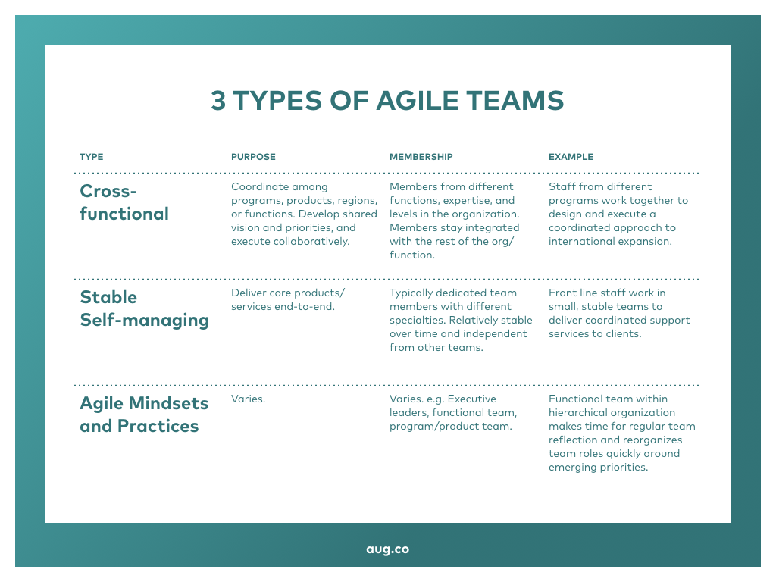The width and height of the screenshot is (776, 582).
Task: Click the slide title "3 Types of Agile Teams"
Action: [x=387, y=101]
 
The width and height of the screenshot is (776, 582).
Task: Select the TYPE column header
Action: [x=91, y=157]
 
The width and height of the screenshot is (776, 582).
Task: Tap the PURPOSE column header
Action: [x=253, y=157]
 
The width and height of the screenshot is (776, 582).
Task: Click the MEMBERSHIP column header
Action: [x=421, y=157]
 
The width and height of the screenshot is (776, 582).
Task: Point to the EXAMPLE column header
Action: [x=571, y=157]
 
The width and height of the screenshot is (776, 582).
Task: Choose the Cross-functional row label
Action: [x=124, y=202]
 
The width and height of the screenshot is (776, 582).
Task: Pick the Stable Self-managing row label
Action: [x=144, y=308]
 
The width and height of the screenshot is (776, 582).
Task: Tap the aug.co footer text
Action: [x=387, y=549]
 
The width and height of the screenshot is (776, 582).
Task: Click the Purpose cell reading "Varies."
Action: [x=248, y=399]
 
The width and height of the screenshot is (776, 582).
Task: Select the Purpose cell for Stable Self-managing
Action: [x=288, y=299]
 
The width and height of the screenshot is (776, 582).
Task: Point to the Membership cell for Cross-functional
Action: [x=455, y=221]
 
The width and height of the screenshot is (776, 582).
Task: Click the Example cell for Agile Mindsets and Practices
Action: [x=621, y=433]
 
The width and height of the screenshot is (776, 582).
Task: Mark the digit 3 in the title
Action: [x=218, y=101]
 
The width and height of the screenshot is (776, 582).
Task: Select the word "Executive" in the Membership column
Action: [x=471, y=399]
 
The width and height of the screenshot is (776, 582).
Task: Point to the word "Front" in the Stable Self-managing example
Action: [x=562, y=293]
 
